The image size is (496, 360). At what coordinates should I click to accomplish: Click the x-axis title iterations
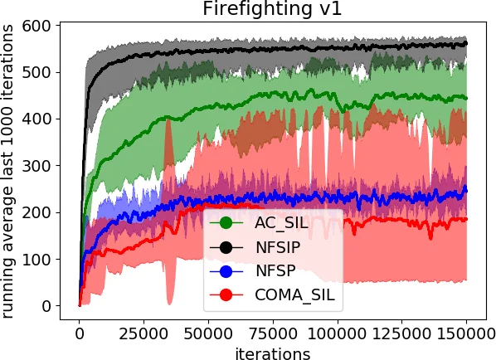pyautogui.click(x=273, y=353)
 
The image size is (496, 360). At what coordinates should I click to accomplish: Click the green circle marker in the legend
pyautogui.click(x=226, y=222)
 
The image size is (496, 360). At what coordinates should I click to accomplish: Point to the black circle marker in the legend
pyautogui.click(x=226, y=246)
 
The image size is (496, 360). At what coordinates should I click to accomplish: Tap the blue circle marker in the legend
pyautogui.click(x=226, y=270)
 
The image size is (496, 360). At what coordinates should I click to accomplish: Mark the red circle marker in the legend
pyautogui.click(x=226, y=294)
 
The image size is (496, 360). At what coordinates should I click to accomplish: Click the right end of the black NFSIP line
pyautogui.click(x=466, y=43)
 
